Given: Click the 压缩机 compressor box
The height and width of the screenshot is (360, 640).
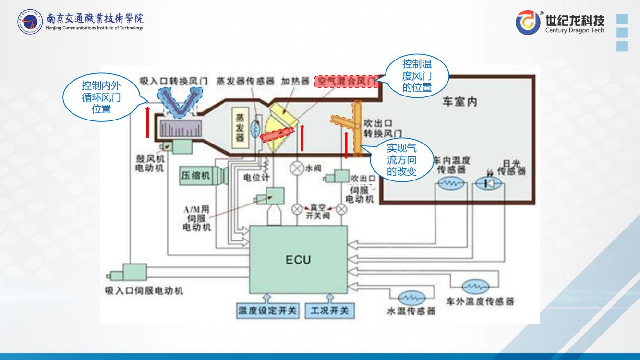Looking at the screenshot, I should coord(195,176).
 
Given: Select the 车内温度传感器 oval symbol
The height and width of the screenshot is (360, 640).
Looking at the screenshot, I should coord(450,183).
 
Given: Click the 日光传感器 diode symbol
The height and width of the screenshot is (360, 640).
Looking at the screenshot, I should coord(489,183).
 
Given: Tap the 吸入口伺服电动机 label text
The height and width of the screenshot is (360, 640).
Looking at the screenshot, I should coord(144,291).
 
